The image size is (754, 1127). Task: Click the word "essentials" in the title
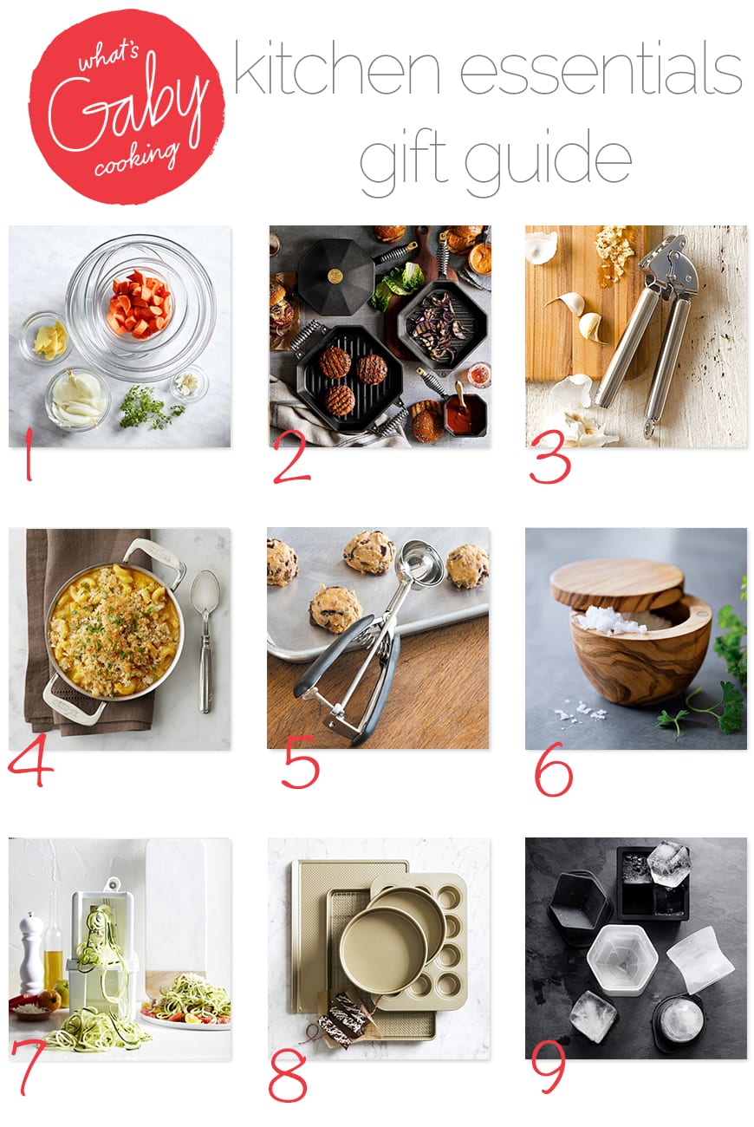click(x=601, y=69)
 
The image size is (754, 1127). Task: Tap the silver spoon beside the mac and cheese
click(x=205, y=639)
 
